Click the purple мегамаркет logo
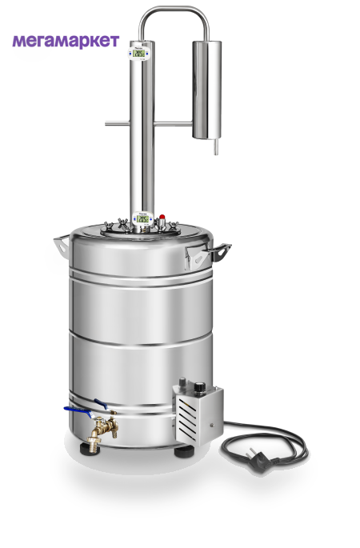(66, 42)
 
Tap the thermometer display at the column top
(139, 53)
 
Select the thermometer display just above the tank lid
(142, 218)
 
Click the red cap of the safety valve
(162, 217)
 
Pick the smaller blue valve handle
(101, 404)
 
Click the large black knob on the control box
(199, 387)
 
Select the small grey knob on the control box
(182, 382)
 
